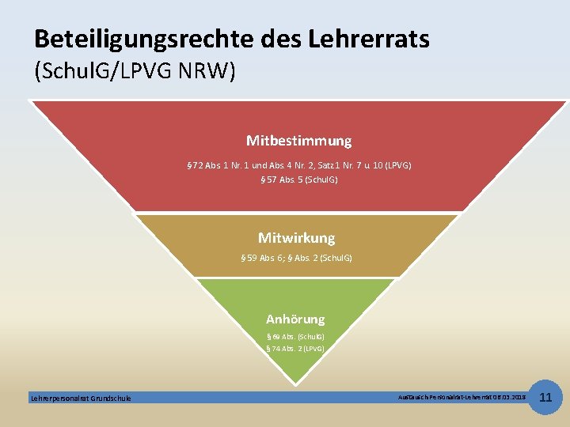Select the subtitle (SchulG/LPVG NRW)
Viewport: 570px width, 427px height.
pos(135,71)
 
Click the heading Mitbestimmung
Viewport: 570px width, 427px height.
pos(298,141)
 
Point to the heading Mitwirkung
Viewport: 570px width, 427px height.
pos(296,237)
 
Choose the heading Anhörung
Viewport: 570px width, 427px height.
pos(295,319)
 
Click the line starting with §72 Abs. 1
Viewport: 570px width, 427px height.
pos(298,165)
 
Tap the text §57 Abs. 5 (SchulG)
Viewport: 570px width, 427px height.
pos(298,179)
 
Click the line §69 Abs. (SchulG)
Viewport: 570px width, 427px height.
pos(295,336)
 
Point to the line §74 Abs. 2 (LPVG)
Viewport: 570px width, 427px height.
pos(295,348)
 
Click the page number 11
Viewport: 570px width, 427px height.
pos(545,396)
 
